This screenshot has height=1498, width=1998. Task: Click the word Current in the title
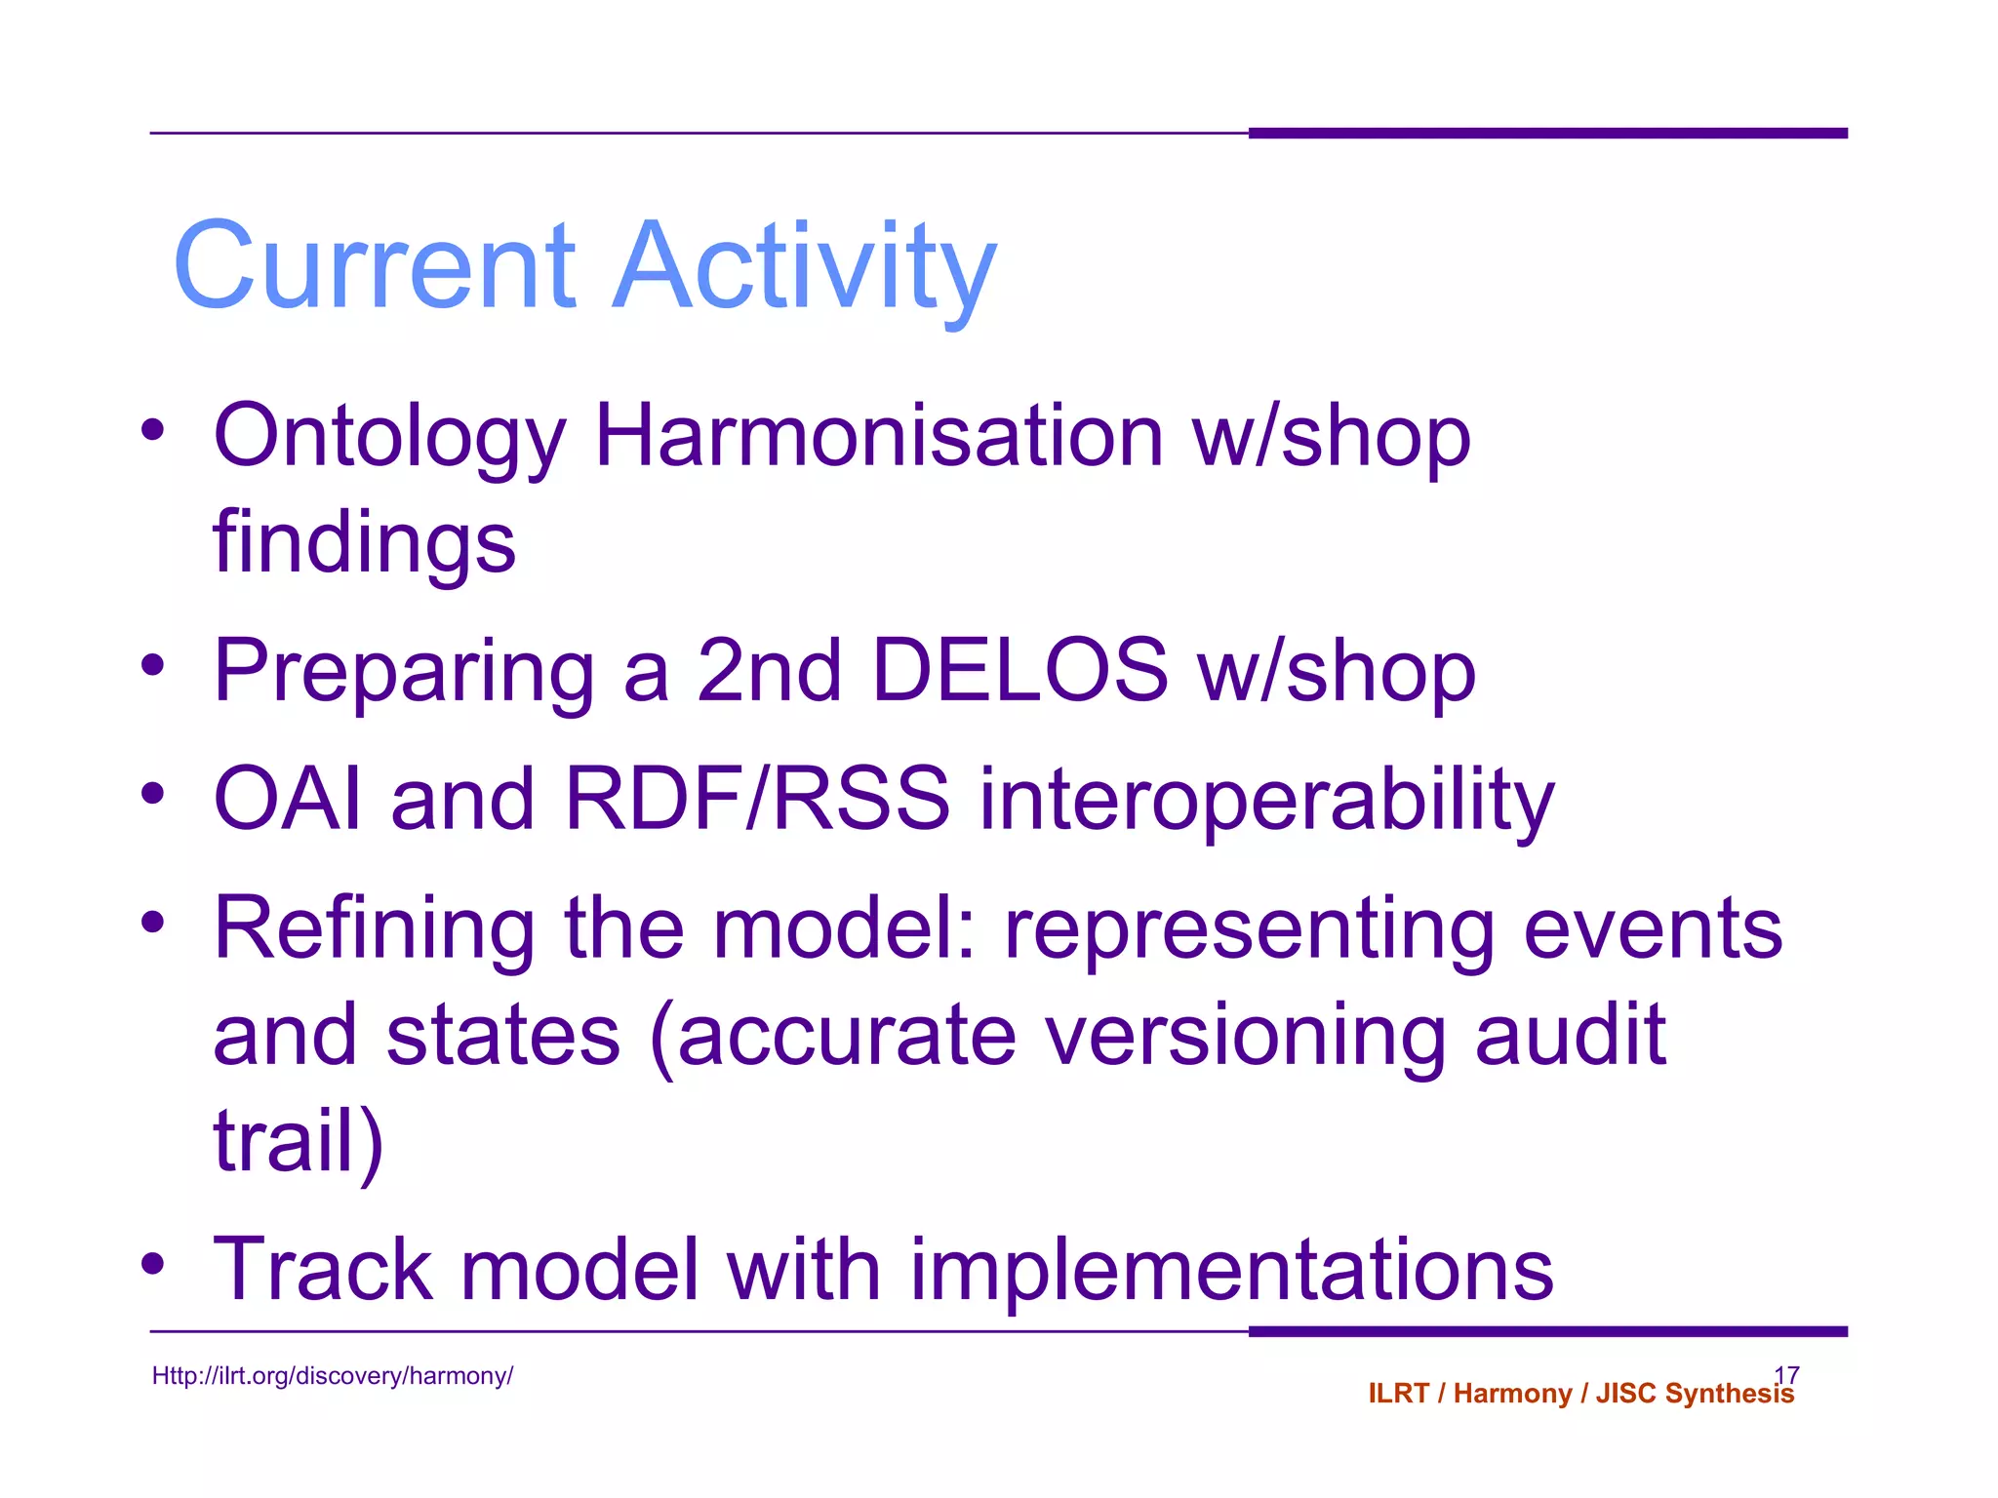point(375,265)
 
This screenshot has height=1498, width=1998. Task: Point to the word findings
point(364,543)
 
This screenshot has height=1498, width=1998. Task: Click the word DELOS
point(1019,670)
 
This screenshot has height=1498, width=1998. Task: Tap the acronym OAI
point(288,799)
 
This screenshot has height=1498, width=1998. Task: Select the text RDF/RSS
point(757,799)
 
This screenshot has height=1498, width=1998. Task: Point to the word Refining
point(374,929)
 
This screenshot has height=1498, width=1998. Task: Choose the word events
point(1653,929)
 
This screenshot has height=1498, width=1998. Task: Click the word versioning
point(1246,1036)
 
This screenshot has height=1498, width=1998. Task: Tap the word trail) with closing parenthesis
point(299,1141)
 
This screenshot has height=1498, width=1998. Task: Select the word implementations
point(1231,1270)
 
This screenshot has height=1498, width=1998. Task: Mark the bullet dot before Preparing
point(152,665)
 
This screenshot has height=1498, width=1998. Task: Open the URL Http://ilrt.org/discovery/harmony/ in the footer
point(332,1376)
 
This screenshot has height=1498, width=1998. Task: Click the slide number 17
point(1786,1374)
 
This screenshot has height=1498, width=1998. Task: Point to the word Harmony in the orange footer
point(1512,1394)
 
